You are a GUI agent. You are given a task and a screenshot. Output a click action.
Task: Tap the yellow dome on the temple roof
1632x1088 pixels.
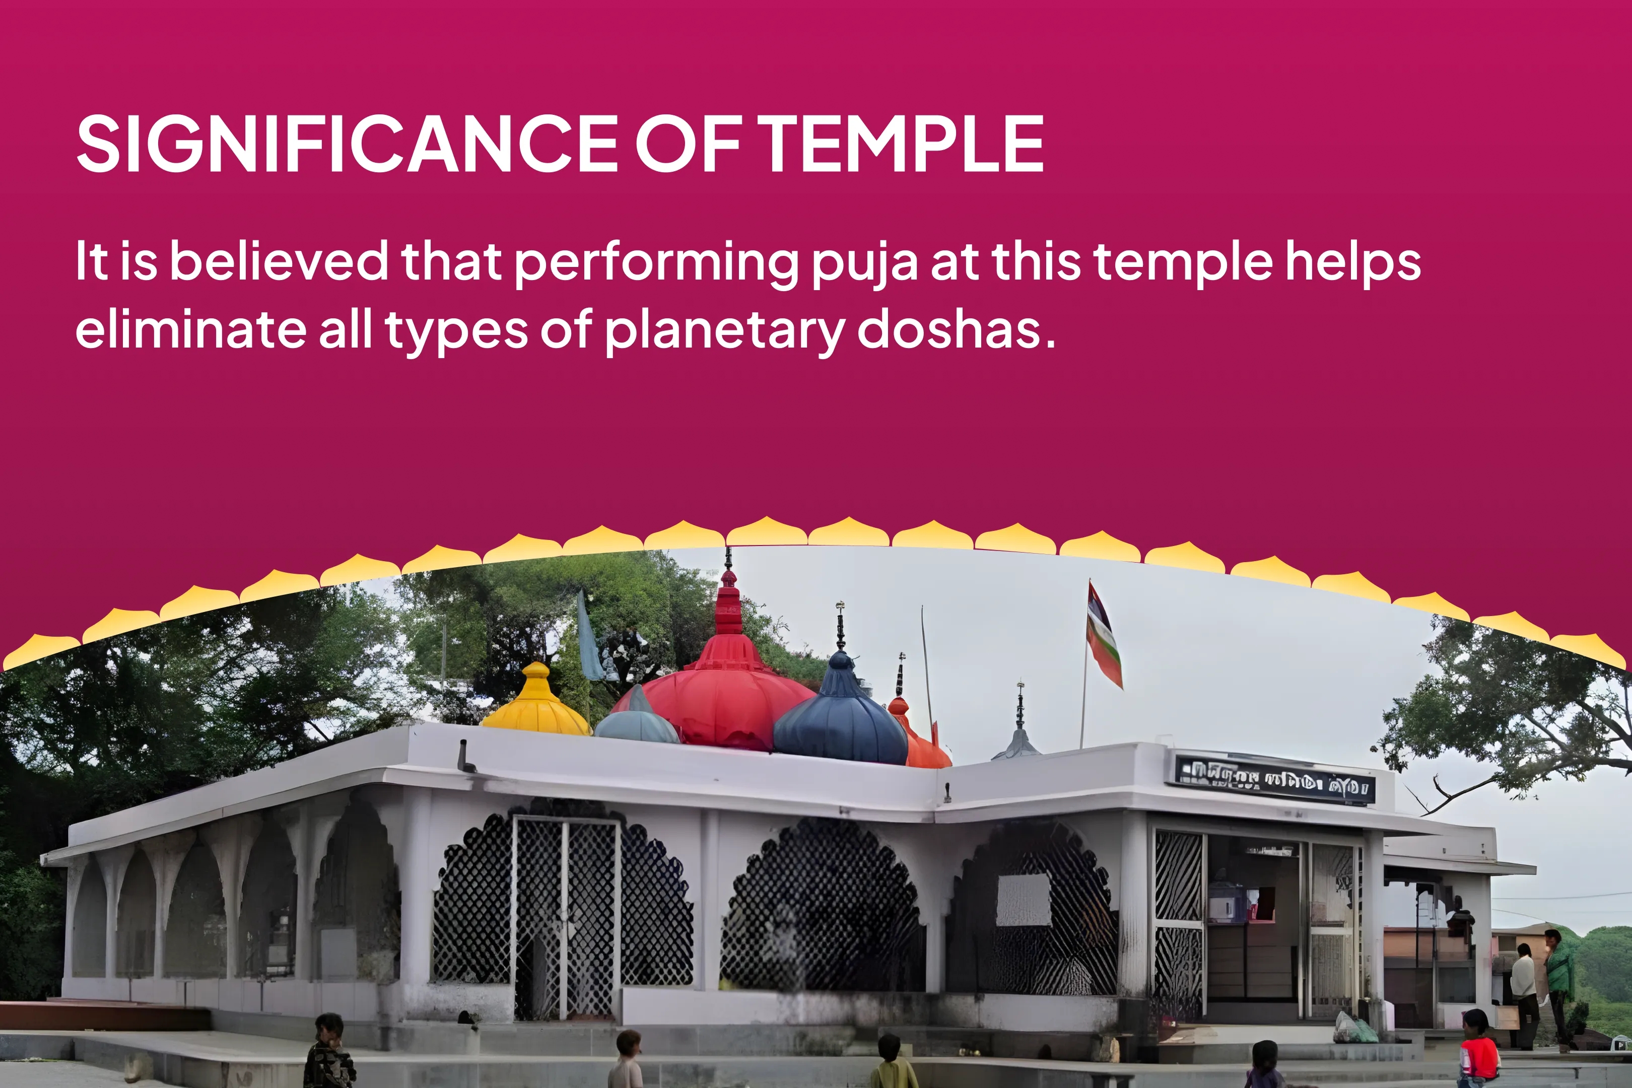(535, 702)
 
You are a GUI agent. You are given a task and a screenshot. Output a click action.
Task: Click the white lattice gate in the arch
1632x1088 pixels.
(566, 916)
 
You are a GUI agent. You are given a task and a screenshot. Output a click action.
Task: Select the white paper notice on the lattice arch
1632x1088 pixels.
(1023, 899)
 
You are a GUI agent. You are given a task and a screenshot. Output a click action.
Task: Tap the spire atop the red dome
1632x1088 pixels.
(728, 597)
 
